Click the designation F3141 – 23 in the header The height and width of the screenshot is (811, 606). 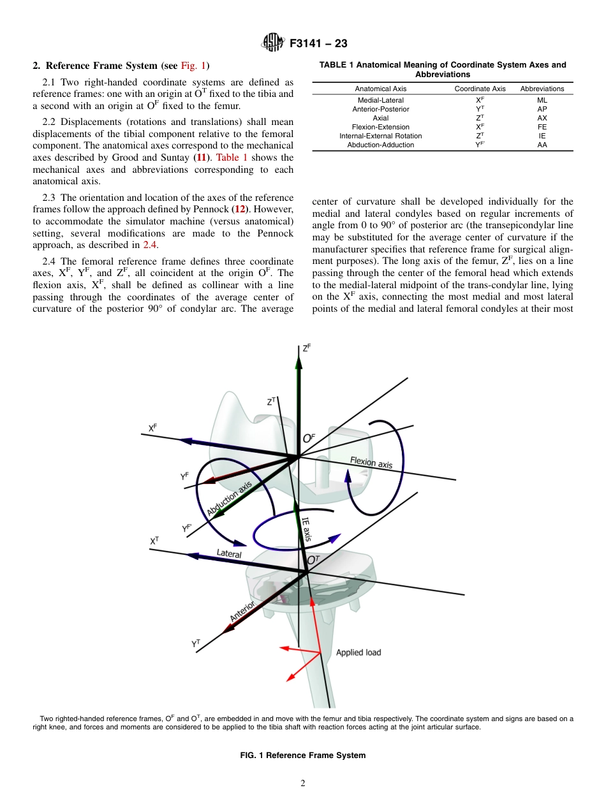click(x=318, y=44)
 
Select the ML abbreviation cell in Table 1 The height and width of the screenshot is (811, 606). click(x=542, y=100)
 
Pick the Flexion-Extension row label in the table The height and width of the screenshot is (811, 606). click(x=380, y=127)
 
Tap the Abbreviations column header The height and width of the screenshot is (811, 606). click(x=542, y=89)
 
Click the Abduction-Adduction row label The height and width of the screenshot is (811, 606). click(x=380, y=145)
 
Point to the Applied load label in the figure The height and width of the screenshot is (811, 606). click(x=358, y=652)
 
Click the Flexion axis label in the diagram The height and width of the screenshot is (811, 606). click(x=371, y=463)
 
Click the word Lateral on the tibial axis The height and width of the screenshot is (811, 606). click(x=229, y=554)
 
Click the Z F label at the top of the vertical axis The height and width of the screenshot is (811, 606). click(x=307, y=348)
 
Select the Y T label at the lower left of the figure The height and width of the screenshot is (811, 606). click(x=196, y=645)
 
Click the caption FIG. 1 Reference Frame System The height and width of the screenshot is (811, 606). click(x=302, y=756)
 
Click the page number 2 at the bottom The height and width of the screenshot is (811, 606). click(x=303, y=784)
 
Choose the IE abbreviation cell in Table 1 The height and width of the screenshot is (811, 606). click(x=542, y=136)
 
